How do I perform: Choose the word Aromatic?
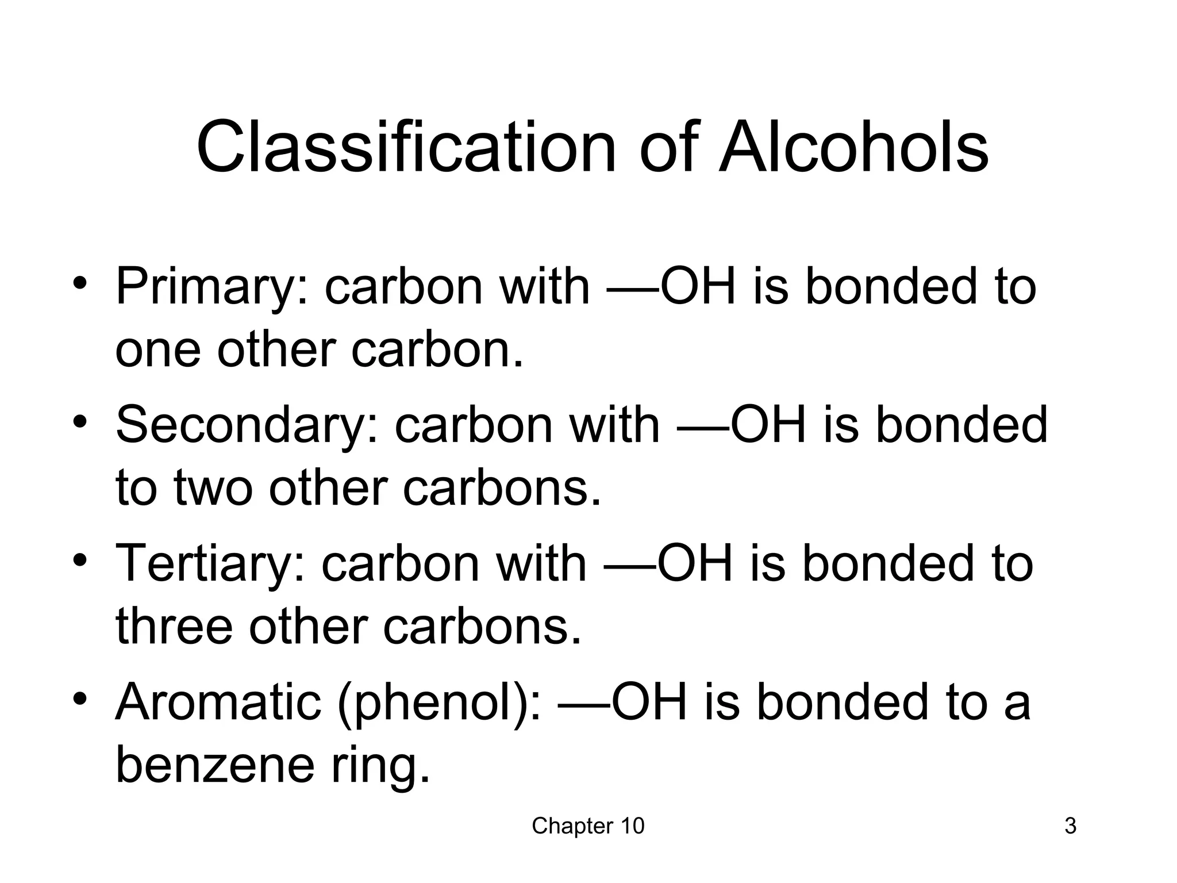[218, 703]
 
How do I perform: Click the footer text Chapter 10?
[588, 827]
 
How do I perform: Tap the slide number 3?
[1070, 827]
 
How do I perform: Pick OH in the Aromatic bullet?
[650, 703]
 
